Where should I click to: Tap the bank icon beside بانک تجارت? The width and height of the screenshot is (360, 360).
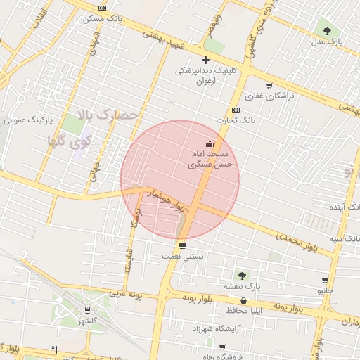[236, 110]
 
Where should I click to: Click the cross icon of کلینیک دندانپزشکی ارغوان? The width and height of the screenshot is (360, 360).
[205, 60]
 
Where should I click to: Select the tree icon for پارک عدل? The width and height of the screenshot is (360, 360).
[327, 30]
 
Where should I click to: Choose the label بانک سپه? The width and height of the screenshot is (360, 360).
[347, 239]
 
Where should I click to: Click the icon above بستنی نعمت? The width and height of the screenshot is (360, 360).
[183, 245]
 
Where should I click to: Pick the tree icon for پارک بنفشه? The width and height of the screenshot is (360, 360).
[242, 276]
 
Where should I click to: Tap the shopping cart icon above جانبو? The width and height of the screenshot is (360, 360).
[325, 280]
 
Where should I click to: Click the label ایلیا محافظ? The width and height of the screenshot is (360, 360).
[243, 310]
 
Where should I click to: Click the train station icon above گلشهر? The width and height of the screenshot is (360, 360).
[87, 309]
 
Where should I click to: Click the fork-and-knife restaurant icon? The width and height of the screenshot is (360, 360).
[54, 349]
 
